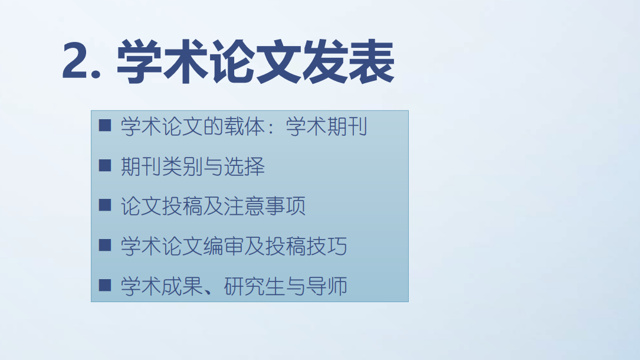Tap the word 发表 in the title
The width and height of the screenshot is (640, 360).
click(x=348, y=61)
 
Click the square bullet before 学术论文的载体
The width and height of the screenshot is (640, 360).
click(x=105, y=126)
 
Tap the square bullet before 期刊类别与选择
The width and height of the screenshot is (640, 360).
click(x=105, y=166)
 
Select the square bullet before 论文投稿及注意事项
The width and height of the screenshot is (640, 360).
click(x=105, y=205)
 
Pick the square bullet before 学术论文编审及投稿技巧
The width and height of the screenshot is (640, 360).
click(x=105, y=246)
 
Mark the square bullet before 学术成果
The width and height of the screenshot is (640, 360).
click(x=105, y=285)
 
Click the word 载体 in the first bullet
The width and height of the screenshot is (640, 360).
click(x=244, y=126)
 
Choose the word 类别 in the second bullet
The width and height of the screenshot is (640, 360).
click(x=182, y=166)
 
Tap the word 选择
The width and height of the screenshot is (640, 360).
click(x=244, y=166)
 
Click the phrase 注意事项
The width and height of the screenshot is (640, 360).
click(x=264, y=206)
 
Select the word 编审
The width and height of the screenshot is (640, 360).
click(x=224, y=246)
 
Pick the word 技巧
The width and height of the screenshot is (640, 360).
click(x=327, y=246)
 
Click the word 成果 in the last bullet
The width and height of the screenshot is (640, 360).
click(x=182, y=286)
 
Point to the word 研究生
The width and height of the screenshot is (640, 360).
click(x=254, y=286)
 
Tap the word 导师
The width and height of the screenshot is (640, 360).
click(x=327, y=286)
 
